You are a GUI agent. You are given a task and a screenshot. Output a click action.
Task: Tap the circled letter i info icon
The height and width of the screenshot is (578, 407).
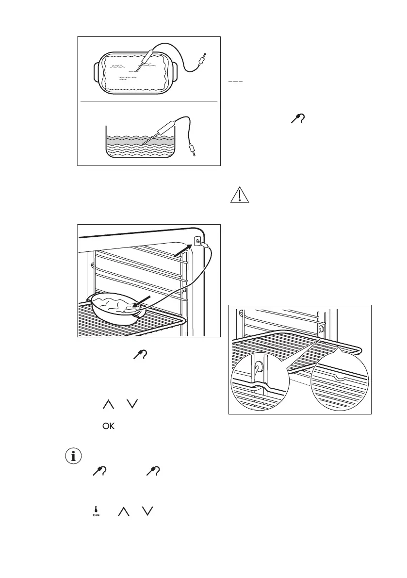pyautogui.click(x=74, y=456)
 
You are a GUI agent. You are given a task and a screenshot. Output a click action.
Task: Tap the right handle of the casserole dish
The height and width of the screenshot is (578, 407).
pyautogui.click(x=176, y=73)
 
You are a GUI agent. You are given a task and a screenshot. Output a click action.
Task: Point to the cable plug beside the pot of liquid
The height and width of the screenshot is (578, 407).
pyautogui.click(x=193, y=148)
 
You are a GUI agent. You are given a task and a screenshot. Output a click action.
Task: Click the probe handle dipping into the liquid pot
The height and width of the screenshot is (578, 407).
pyautogui.click(x=165, y=126)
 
